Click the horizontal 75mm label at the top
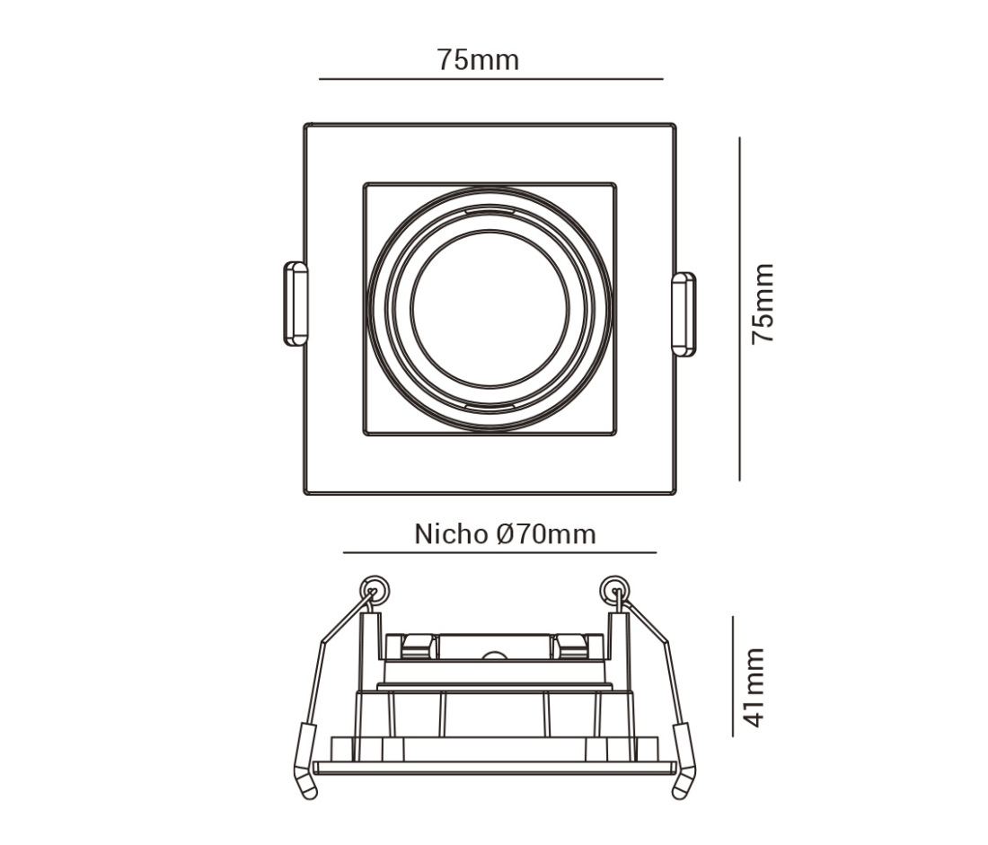pyautogui.click(x=478, y=60)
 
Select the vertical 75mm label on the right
pyautogui.click(x=763, y=304)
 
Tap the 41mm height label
pyautogui.click(x=754, y=688)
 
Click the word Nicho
pyautogui.click(x=451, y=534)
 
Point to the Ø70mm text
pyautogui.click(x=546, y=534)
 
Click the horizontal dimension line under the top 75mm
pyautogui.click(x=490, y=79)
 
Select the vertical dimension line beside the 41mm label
pyautogui.click(x=733, y=676)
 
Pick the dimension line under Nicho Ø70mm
pyautogui.click(x=499, y=552)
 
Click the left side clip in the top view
pyautogui.click(x=296, y=304)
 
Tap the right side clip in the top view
pyautogui.click(x=684, y=313)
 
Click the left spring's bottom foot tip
pyautogui.click(x=310, y=796)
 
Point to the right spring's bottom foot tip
pyautogui.click(x=679, y=796)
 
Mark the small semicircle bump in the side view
pyautogui.click(x=495, y=656)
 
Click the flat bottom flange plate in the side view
pyautogui.click(x=495, y=768)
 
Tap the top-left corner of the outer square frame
pyautogui.click(x=305, y=124)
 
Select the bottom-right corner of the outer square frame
pyautogui.click(x=675, y=494)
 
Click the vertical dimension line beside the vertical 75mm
pyautogui.click(x=740, y=309)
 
